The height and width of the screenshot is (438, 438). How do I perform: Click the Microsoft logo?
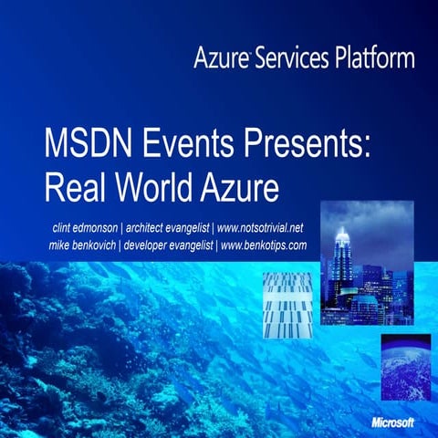392,422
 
